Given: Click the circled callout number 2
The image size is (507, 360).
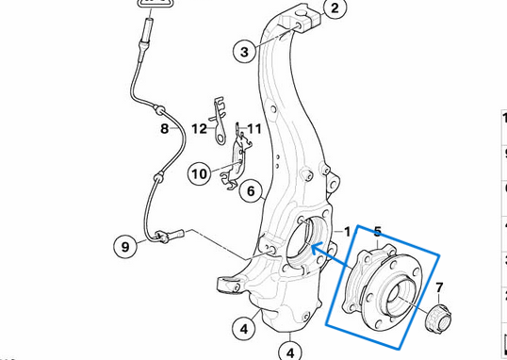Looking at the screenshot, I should tap(331, 9).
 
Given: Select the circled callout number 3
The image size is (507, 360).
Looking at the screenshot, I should tap(243, 51).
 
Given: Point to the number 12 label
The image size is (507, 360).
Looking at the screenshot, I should tap(199, 128).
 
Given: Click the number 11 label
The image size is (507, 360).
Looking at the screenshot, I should tap(253, 128).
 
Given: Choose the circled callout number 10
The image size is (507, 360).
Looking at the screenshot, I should tap(198, 173).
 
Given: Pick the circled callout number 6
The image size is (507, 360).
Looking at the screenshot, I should tap(250, 191).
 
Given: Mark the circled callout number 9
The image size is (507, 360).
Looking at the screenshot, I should tap(125, 247).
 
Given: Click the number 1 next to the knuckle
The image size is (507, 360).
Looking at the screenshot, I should tap(346, 231).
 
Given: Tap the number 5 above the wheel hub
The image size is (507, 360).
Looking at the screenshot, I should tap(378, 231).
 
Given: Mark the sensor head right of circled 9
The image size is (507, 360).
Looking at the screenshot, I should tap(172, 232).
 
